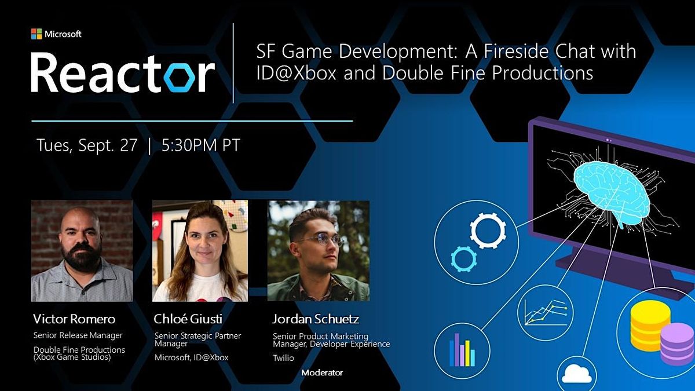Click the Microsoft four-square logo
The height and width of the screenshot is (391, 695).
[36, 34]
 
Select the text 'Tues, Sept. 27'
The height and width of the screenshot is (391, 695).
[87, 145]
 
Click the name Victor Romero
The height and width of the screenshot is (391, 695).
[74, 319]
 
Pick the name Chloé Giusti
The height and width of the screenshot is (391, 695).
[188, 319]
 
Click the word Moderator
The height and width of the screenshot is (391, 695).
[322, 372]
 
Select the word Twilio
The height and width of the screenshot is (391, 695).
[284, 359]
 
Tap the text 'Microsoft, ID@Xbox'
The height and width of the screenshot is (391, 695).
[191, 357]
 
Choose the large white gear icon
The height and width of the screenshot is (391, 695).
[488, 230]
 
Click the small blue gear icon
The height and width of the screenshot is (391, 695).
[463, 258]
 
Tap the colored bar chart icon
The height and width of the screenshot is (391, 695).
[462, 349]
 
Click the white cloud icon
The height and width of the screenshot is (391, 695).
[576, 374]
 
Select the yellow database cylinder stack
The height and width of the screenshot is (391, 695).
[650, 326]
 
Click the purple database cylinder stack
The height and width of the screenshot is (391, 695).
[676, 344]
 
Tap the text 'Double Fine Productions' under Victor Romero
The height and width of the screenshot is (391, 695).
[79, 350]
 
